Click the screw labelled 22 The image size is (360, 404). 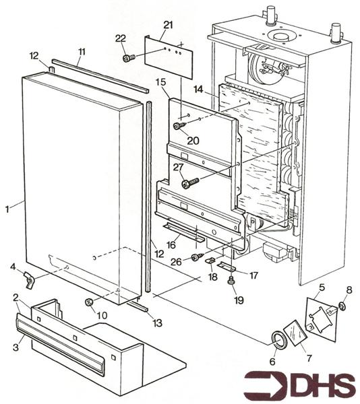(x=127, y=58)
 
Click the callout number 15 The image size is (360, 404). (x=160, y=82)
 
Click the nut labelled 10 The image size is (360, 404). (x=88, y=303)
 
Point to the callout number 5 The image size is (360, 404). (x=322, y=288)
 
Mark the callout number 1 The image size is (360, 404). (x=7, y=209)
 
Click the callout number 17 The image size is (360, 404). (x=254, y=275)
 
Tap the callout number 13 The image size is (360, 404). (x=157, y=323)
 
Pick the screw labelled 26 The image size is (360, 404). (x=196, y=257)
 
